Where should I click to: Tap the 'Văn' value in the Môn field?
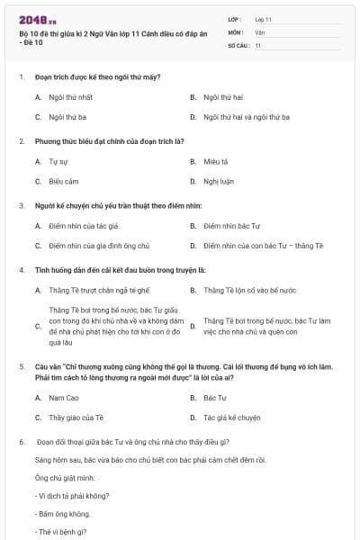(259, 31)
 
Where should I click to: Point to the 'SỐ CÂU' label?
(238, 45)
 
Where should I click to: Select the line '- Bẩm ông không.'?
(63, 513)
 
